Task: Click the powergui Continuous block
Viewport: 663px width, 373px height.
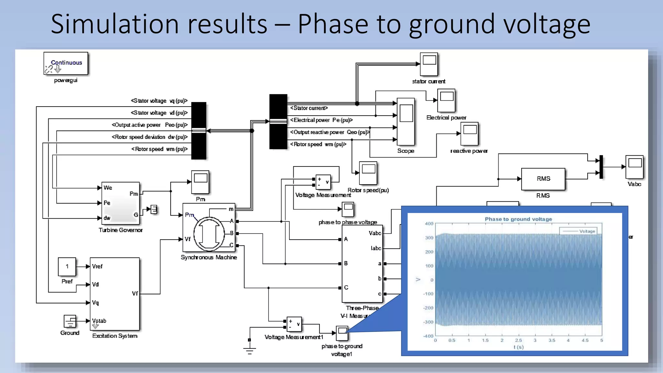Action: (x=66, y=63)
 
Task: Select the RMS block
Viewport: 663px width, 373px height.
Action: (x=543, y=179)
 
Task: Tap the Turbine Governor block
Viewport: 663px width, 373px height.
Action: (x=120, y=203)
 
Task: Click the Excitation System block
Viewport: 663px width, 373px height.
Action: (x=115, y=294)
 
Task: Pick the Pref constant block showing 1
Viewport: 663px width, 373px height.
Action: (x=67, y=266)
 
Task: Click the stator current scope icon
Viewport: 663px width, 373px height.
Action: (x=429, y=64)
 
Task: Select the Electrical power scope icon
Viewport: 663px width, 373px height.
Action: (x=446, y=100)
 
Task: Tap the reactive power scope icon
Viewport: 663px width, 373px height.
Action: (x=469, y=133)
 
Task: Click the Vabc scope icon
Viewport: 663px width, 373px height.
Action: (x=634, y=167)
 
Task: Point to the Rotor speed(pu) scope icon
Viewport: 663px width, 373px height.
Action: (x=368, y=173)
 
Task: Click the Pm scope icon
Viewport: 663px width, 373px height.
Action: (x=200, y=182)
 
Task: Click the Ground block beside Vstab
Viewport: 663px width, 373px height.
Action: (x=70, y=322)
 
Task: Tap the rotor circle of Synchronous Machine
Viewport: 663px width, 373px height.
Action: (x=209, y=234)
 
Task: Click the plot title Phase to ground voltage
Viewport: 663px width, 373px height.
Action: (x=518, y=219)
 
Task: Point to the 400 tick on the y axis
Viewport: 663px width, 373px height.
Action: (x=429, y=224)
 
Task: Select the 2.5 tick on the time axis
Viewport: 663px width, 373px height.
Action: (x=518, y=340)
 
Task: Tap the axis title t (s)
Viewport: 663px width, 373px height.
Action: (x=518, y=347)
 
